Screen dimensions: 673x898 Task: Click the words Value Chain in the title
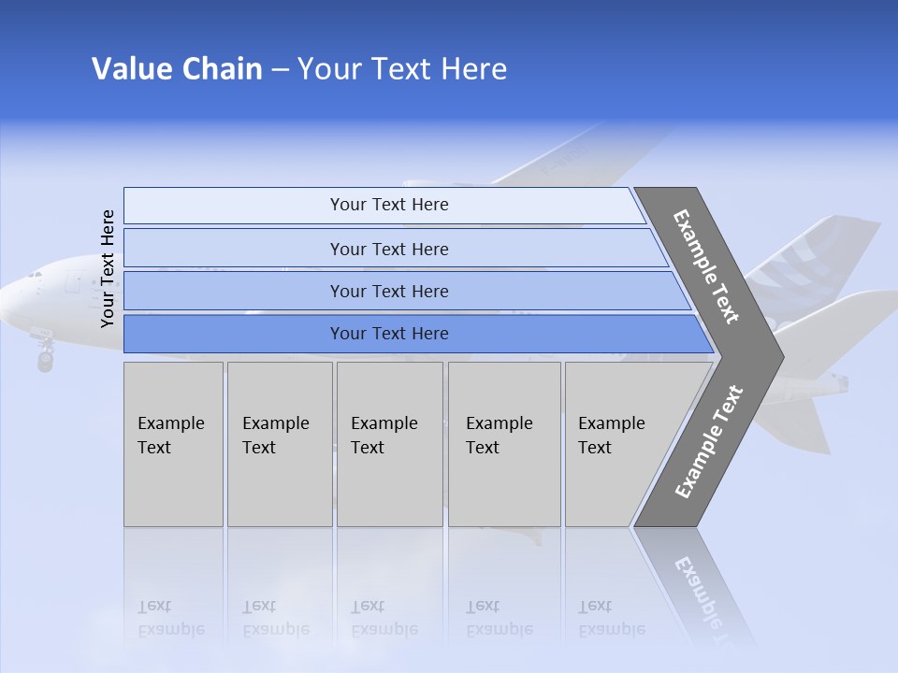[177, 69]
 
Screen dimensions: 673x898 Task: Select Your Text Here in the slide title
[402, 69]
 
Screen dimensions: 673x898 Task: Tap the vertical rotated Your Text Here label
[108, 268]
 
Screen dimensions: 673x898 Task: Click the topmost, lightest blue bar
[384, 205]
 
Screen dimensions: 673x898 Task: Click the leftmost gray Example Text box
[173, 444]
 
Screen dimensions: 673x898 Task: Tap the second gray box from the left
[279, 444]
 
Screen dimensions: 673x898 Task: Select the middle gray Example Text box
[389, 444]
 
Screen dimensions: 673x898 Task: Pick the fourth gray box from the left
[504, 444]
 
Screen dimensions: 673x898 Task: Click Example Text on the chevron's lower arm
[709, 441]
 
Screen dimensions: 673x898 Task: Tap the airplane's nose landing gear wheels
[45, 359]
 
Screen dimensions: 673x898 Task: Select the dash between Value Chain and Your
[280, 70]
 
